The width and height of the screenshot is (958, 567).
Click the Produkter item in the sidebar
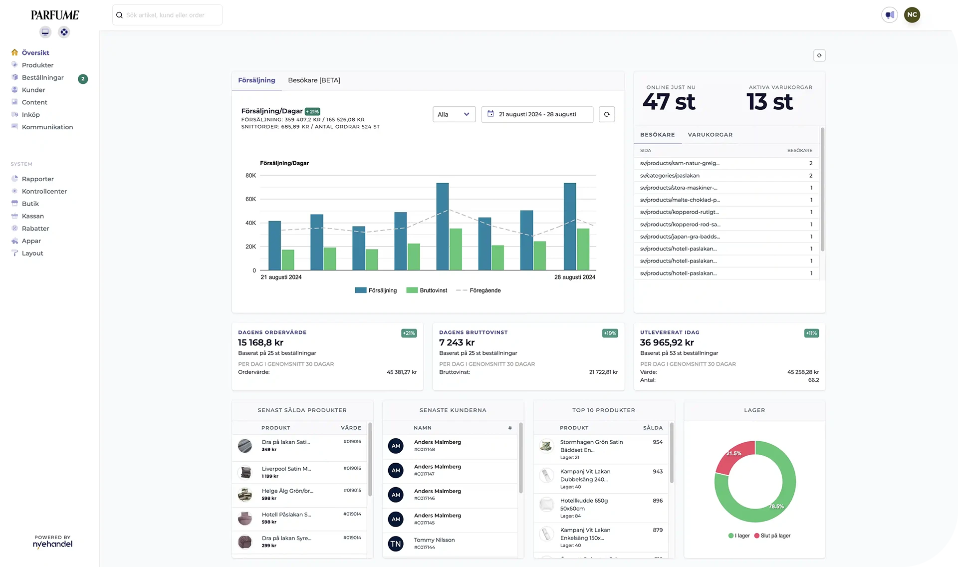(x=37, y=65)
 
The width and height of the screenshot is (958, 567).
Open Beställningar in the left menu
(x=42, y=77)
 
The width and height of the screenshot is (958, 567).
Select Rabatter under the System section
(x=35, y=229)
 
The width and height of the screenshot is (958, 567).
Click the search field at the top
(x=167, y=15)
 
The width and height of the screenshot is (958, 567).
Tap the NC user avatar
(x=912, y=15)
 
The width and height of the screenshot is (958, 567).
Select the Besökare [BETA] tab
(x=314, y=80)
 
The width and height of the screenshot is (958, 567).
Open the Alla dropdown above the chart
(x=454, y=114)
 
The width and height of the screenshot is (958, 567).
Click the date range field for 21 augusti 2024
(x=537, y=114)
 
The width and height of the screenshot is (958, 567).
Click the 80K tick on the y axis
(x=250, y=176)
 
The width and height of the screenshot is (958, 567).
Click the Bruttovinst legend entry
(x=433, y=290)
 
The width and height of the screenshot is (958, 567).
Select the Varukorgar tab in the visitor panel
(x=710, y=135)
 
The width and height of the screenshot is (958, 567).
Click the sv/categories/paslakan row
(x=670, y=176)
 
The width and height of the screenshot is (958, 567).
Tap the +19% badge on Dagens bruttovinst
(x=610, y=333)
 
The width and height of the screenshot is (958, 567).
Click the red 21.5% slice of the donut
(x=732, y=455)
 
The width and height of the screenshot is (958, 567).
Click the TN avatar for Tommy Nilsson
(x=396, y=544)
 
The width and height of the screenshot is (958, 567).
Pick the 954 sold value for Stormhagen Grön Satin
(x=657, y=442)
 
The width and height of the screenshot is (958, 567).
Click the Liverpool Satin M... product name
(x=286, y=469)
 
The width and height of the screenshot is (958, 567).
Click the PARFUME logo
(x=55, y=15)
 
